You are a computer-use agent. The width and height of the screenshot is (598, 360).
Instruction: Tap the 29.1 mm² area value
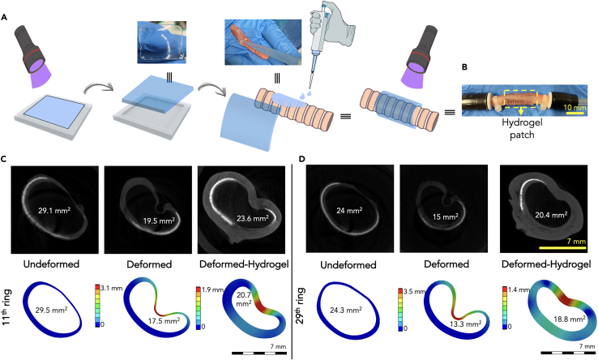click(x=53, y=210)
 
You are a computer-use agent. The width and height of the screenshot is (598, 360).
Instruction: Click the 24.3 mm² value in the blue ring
click(x=351, y=309)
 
